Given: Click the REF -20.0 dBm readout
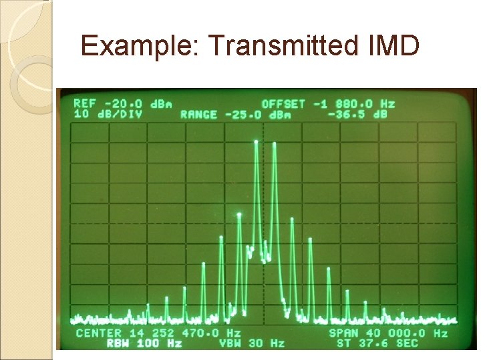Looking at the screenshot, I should point(122,104).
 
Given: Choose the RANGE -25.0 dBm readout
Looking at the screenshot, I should point(236,114).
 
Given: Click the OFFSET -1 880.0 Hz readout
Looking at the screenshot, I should point(328,104).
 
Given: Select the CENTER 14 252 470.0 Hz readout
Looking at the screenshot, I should point(158,333).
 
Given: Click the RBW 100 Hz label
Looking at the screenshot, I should point(144,343).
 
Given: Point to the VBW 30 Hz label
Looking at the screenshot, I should point(252,343).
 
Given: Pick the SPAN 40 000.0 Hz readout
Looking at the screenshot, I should point(388,333).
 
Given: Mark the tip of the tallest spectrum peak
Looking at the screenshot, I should point(256,141).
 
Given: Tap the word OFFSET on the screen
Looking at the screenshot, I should point(283,104).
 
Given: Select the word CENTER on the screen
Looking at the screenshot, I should point(99,333).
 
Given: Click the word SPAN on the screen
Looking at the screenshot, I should point(343,333).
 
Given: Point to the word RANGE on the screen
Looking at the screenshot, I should point(198,114).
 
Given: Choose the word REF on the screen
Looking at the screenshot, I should point(85,104).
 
